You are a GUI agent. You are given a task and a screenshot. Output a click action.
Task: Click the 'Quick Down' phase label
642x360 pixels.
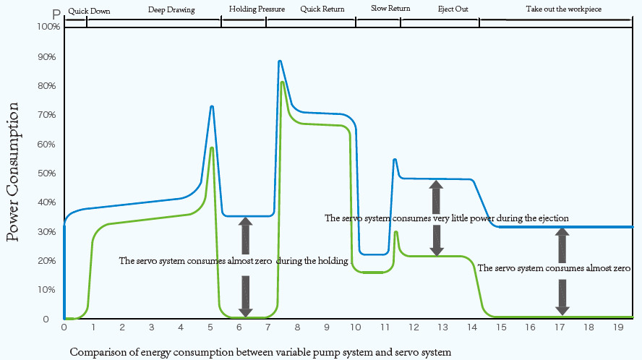[x=89, y=11]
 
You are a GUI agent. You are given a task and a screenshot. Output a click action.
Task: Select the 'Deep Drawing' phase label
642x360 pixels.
[x=171, y=10]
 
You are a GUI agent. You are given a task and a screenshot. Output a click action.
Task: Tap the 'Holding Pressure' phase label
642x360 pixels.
[x=257, y=9]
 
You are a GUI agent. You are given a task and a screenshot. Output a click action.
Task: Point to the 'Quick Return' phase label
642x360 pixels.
[x=322, y=9]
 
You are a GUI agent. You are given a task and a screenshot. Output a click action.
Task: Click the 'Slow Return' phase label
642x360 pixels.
[x=390, y=9]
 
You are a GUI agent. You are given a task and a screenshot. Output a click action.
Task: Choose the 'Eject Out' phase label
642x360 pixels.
[x=453, y=9]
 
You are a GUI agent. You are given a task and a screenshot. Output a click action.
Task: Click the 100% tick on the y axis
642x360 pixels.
[x=48, y=27]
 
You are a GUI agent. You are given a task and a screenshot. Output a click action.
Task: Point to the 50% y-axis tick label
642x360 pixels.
[x=48, y=173]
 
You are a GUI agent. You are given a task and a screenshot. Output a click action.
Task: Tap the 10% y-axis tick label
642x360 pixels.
[x=48, y=290]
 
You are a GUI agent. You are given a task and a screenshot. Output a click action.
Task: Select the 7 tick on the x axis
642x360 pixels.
[x=267, y=328]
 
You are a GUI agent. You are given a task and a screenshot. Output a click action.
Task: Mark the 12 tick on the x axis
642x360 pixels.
[x=414, y=328]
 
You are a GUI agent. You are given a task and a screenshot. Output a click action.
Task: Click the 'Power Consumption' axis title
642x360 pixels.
[x=13, y=172]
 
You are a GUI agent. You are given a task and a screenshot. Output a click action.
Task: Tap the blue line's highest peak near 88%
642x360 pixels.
[x=280, y=61]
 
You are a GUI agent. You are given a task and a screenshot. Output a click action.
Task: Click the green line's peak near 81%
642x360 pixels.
[x=282, y=82]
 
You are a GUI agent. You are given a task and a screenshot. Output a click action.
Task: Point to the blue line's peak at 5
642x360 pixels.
[x=212, y=107]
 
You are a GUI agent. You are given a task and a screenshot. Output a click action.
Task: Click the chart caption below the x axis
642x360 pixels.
[x=260, y=353]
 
